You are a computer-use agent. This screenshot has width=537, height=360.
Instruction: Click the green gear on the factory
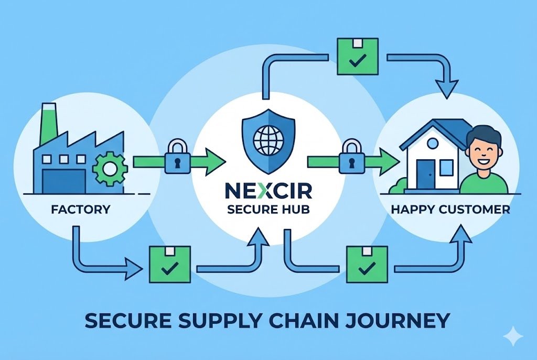pyautogui.click(x=110, y=169)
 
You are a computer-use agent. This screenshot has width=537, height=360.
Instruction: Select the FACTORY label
pyautogui.click(x=81, y=210)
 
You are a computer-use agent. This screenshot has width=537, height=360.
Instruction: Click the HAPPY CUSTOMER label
pyautogui.click(x=450, y=210)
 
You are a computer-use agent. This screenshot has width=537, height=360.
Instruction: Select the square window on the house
pyautogui.click(x=446, y=168)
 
